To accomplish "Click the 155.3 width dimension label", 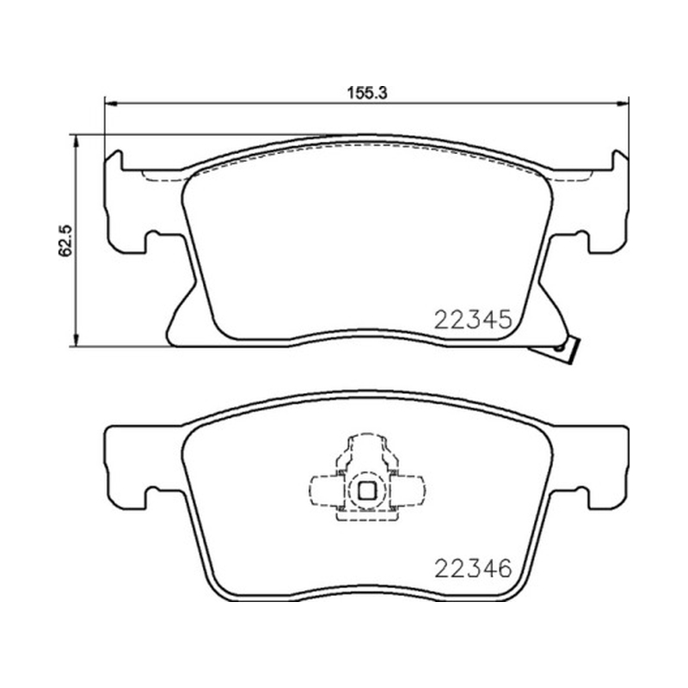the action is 367,93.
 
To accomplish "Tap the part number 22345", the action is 473,319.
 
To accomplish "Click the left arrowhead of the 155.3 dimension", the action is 111,103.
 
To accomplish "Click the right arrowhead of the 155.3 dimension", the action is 623,103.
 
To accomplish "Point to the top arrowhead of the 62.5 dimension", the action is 77,141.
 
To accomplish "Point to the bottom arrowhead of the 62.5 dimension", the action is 77,340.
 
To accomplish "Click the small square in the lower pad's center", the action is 367,490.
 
